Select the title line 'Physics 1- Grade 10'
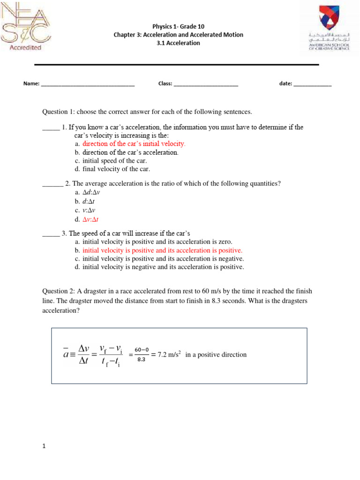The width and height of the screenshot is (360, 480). (x=178, y=26)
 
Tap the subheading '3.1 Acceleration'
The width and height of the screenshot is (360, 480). (x=178, y=43)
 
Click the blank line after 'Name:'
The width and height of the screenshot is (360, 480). (x=88, y=84)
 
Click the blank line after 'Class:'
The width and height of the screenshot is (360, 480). (x=206, y=84)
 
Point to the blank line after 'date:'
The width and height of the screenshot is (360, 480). (x=313, y=84)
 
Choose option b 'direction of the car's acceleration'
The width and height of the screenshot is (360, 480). (x=130, y=152)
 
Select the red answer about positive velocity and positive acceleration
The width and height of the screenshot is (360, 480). (x=162, y=250)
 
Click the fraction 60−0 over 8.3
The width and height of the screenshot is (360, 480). (x=142, y=355)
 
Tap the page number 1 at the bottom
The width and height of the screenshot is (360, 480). (x=44, y=447)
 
